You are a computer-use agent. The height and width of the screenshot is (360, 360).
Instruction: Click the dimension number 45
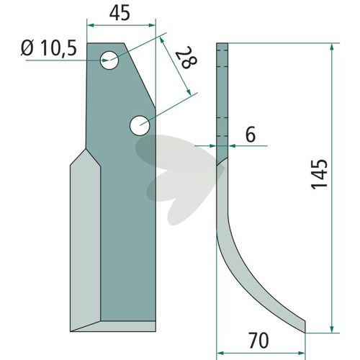pyautogui.click(x=120, y=14)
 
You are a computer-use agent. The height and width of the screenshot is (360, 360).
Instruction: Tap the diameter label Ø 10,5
pyautogui.click(x=49, y=48)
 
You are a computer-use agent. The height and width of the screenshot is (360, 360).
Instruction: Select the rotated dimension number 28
pyautogui.click(x=186, y=57)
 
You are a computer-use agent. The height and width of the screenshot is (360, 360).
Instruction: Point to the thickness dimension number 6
pyautogui.click(x=251, y=135)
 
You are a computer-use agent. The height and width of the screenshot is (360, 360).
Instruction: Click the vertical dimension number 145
pyautogui.click(x=320, y=174)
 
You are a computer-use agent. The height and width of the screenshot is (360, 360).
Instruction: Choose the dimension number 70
pyautogui.click(x=258, y=341)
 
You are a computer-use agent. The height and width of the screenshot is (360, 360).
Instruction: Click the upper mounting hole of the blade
pyautogui.click(x=109, y=60)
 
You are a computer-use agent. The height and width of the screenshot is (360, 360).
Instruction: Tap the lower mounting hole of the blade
pyautogui.click(x=140, y=125)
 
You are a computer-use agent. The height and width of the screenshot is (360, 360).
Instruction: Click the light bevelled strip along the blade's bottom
pyautogui.click(x=114, y=326)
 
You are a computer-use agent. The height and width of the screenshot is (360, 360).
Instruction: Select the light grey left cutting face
pyautogui.click(x=86, y=240)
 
